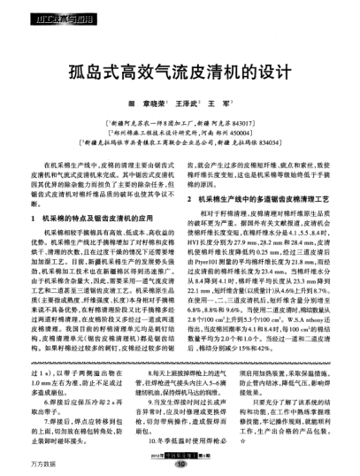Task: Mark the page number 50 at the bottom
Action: [180, 461]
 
